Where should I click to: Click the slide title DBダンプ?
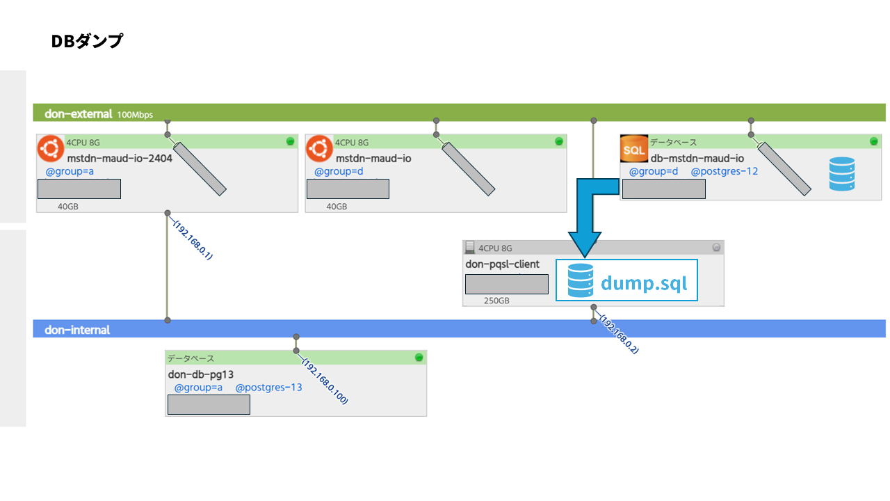pyautogui.click(x=87, y=41)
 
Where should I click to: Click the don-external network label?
pyautogui.click(x=79, y=114)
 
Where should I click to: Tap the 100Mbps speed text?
pyautogui.click(x=135, y=115)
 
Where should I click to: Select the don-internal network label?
pyautogui.click(x=77, y=330)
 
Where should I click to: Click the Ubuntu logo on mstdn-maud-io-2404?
pyautogui.click(x=51, y=149)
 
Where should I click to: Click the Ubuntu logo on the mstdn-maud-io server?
pyautogui.click(x=319, y=149)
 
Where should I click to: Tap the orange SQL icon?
pyautogui.click(x=633, y=149)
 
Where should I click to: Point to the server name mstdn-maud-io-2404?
pyautogui.click(x=120, y=158)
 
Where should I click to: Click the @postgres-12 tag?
pyautogui.click(x=725, y=171)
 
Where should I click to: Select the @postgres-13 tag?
pyautogui.click(x=268, y=388)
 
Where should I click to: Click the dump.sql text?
pyautogui.click(x=644, y=283)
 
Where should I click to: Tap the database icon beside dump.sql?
pyautogui.click(x=581, y=280)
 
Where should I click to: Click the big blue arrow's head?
pyautogui.click(x=585, y=244)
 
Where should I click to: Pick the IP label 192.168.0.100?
pyautogui.click(x=325, y=381)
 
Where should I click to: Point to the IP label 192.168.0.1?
pyautogui.click(x=193, y=240)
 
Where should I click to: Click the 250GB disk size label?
pyautogui.click(x=496, y=301)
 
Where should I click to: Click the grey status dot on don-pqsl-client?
pyautogui.click(x=716, y=247)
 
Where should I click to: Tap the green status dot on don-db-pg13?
pyautogui.click(x=419, y=358)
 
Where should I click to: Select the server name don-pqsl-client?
pyautogui.click(x=502, y=264)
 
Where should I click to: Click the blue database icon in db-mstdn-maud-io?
pyautogui.click(x=842, y=174)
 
